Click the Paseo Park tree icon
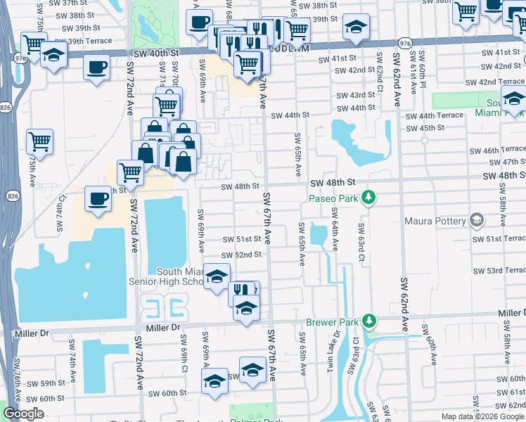coord(367,198)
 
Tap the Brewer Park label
coord(333,323)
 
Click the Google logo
coord(24,414)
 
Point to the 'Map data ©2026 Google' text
coord(482,416)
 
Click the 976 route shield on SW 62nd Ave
coord(404,44)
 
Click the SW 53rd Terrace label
coord(499,271)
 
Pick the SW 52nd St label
coord(241,255)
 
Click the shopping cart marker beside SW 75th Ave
coord(39,141)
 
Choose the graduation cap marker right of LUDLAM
coord(357,28)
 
